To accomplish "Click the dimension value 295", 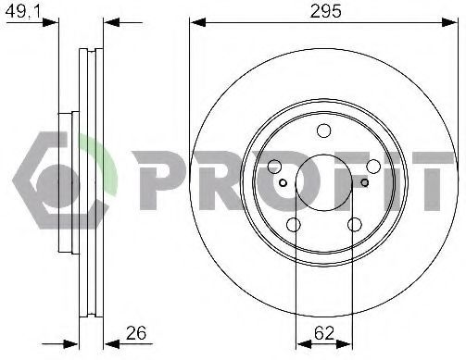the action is tap(326, 11).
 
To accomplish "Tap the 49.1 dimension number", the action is tap(24, 11).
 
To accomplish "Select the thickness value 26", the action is tap(136, 333).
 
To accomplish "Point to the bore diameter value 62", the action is tap(324, 333).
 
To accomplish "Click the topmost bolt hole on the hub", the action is tap(324, 130).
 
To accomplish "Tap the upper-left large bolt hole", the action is tap(274, 167).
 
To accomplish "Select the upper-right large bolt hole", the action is tap(373, 167).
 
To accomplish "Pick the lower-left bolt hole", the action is tap(294, 225).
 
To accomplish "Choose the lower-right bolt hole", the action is tap(355, 225).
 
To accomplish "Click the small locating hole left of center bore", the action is tap(283, 183).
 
